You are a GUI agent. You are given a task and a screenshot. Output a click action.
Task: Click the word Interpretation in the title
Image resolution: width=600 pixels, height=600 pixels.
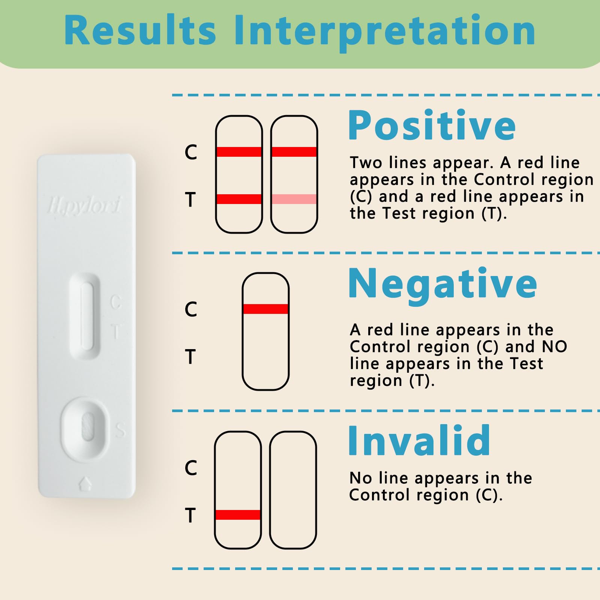click(x=384, y=32)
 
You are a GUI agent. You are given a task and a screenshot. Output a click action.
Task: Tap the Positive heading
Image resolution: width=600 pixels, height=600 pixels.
click(x=432, y=126)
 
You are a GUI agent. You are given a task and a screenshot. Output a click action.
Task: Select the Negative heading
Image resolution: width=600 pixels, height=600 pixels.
click(x=442, y=284)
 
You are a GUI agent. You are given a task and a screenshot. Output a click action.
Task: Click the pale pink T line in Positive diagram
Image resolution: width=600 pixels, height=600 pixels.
click(x=294, y=199)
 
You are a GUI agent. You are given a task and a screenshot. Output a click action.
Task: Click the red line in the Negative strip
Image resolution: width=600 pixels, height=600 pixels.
click(x=265, y=309)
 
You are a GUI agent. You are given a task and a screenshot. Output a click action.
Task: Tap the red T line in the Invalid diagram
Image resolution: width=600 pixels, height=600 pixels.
click(x=238, y=514)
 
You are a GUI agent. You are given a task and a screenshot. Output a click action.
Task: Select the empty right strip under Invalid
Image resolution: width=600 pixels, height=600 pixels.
click(x=293, y=490)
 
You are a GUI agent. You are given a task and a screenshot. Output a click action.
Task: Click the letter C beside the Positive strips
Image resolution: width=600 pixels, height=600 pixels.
click(x=190, y=152)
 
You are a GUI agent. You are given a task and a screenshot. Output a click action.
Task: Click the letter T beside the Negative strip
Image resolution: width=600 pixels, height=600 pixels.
click(x=190, y=356)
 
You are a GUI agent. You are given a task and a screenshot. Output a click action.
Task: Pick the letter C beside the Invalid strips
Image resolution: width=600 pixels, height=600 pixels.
click(x=190, y=468)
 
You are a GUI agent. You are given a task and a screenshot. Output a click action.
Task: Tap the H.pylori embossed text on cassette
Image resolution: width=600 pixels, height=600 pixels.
click(x=85, y=205)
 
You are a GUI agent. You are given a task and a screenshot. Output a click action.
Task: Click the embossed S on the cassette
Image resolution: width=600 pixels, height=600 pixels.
click(x=120, y=430)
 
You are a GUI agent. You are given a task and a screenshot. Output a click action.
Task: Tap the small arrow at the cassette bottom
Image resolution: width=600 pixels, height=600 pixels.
click(x=85, y=483)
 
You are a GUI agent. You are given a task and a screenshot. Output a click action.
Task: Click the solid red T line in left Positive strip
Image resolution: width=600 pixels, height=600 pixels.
click(x=239, y=199)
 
